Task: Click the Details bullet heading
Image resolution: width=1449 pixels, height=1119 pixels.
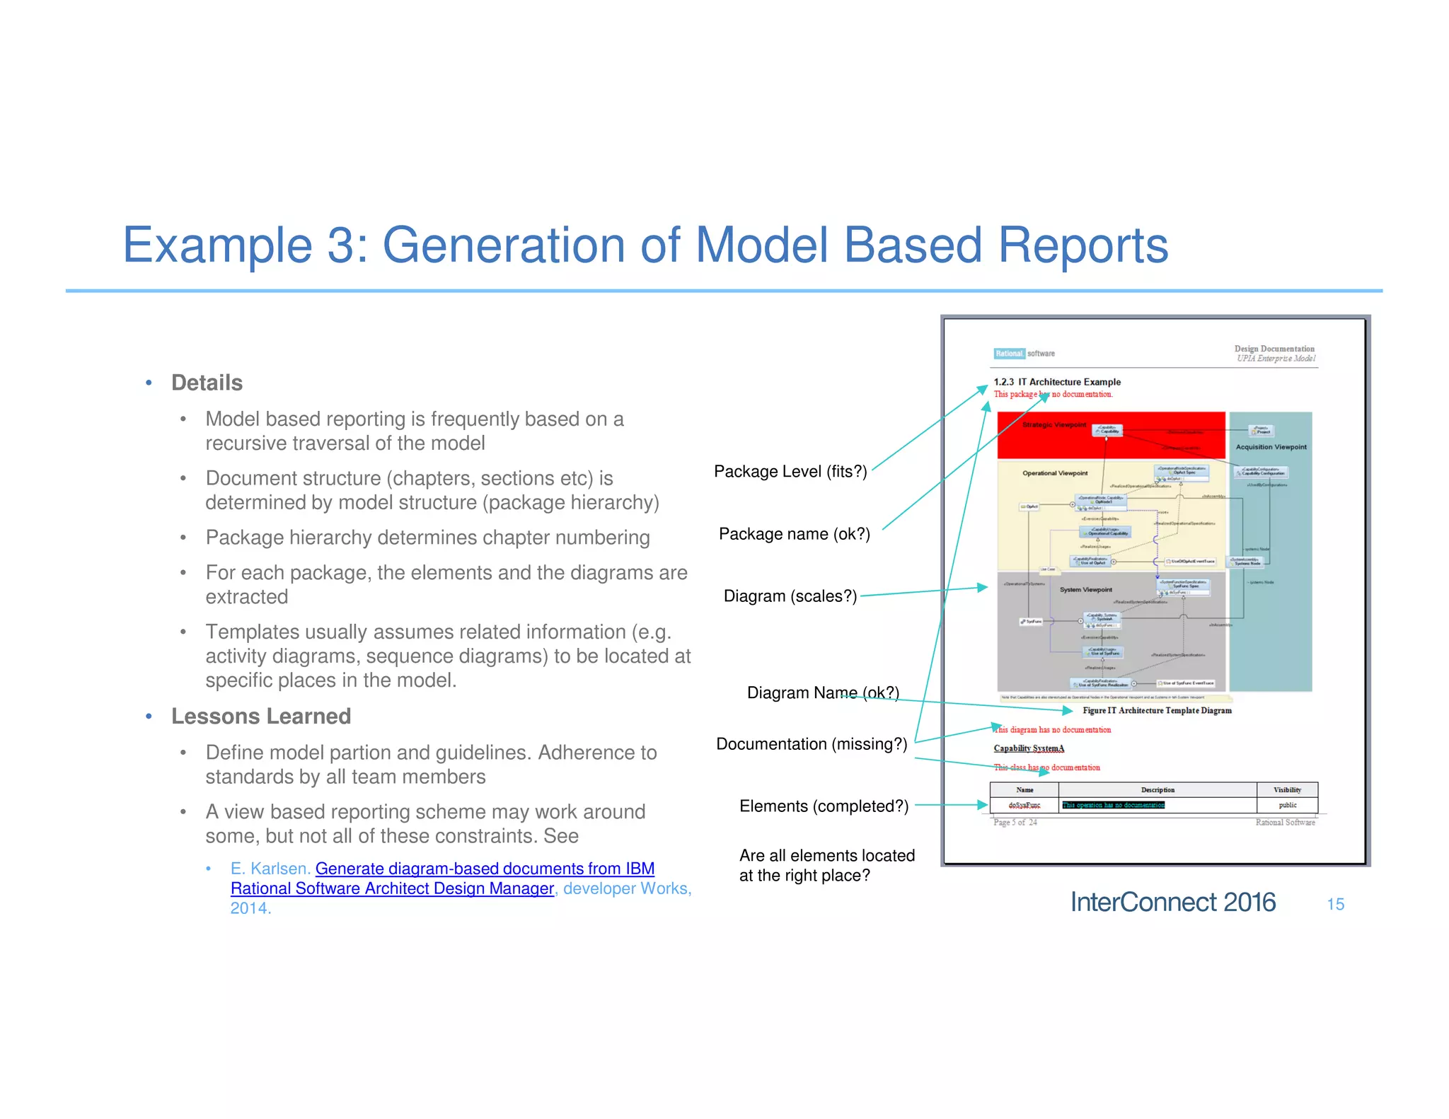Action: tap(207, 383)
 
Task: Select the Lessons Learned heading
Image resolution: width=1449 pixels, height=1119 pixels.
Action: tap(260, 716)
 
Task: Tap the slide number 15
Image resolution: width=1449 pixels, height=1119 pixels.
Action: tap(1335, 904)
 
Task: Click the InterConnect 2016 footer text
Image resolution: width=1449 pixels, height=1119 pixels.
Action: tap(1172, 902)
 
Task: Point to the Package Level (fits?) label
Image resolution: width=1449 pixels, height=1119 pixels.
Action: tap(790, 471)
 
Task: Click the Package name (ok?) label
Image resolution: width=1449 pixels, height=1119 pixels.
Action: tap(794, 533)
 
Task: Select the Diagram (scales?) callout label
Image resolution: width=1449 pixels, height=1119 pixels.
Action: tap(790, 596)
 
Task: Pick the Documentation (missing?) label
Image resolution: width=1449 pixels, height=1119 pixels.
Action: tap(811, 743)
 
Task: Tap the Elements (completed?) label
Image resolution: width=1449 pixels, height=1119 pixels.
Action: tap(823, 806)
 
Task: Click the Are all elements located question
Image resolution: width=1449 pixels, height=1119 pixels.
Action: tap(826, 864)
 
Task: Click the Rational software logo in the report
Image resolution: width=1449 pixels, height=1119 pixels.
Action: tap(1023, 353)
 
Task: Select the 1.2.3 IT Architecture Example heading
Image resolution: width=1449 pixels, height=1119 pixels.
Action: tap(1056, 381)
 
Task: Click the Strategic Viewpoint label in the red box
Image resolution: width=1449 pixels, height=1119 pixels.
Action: tap(1053, 424)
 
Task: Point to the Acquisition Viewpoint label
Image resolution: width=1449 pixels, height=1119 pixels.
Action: tap(1271, 446)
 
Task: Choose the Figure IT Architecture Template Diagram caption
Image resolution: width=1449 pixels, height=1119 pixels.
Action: tap(1156, 710)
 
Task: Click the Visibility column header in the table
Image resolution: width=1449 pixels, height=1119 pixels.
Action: tap(1287, 789)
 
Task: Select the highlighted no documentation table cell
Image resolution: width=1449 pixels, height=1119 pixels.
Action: tap(1113, 805)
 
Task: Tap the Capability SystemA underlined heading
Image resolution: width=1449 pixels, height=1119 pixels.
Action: tap(1028, 748)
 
